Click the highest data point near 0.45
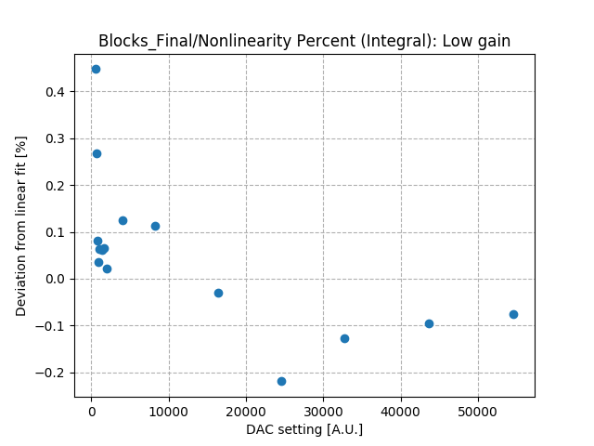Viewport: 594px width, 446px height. (96, 69)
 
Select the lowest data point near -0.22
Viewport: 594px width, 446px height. (281, 381)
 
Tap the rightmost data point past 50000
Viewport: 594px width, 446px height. (513, 314)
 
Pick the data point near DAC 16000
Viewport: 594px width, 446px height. (218, 293)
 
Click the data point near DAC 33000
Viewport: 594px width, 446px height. (344, 338)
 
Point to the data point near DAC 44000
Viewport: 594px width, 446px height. (429, 323)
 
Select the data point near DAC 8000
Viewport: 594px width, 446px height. (155, 226)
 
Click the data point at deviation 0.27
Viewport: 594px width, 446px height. (97, 153)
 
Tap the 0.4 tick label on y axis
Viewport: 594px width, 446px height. (58, 92)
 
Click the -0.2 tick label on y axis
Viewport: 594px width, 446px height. (54, 373)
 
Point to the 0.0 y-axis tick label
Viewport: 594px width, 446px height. (58, 279)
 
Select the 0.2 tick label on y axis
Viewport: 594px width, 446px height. (58, 186)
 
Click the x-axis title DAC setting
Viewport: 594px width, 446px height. (304, 429)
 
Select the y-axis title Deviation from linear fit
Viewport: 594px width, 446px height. (21, 226)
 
